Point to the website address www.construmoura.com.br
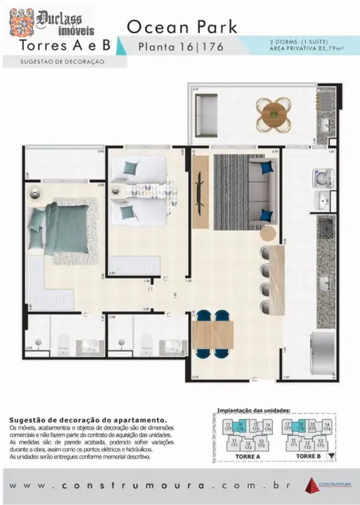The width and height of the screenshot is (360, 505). (156, 485)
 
